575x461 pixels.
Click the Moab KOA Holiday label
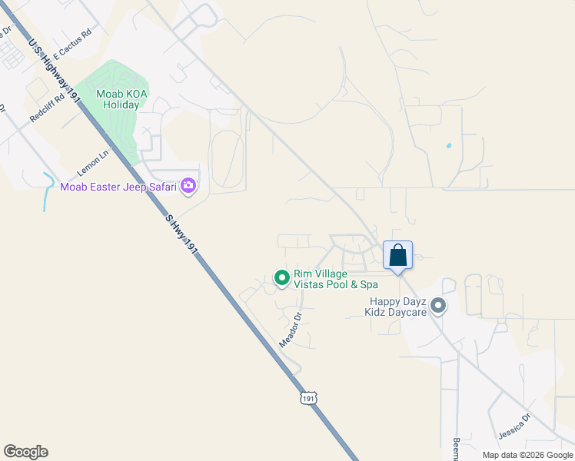pyautogui.click(x=120, y=99)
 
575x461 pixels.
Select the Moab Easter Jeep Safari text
pyautogui.click(x=118, y=186)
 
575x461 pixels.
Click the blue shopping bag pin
pyautogui.click(x=398, y=254)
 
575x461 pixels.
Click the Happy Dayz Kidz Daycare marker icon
pyautogui.click(x=438, y=307)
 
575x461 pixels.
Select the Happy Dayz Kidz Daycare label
pyautogui.click(x=397, y=307)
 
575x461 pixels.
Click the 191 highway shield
pyautogui.click(x=308, y=398)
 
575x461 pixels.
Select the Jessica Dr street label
pyautogui.click(x=514, y=423)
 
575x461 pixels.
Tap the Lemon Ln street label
pyautogui.click(x=94, y=161)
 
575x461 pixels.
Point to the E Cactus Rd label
pyautogui.click(x=72, y=45)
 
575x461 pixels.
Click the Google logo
pyautogui.click(x=25, y=452)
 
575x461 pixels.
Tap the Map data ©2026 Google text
pyautogui.click(x=527, y=455)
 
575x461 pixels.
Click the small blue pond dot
pyautogui.click(x=448, y=145)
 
